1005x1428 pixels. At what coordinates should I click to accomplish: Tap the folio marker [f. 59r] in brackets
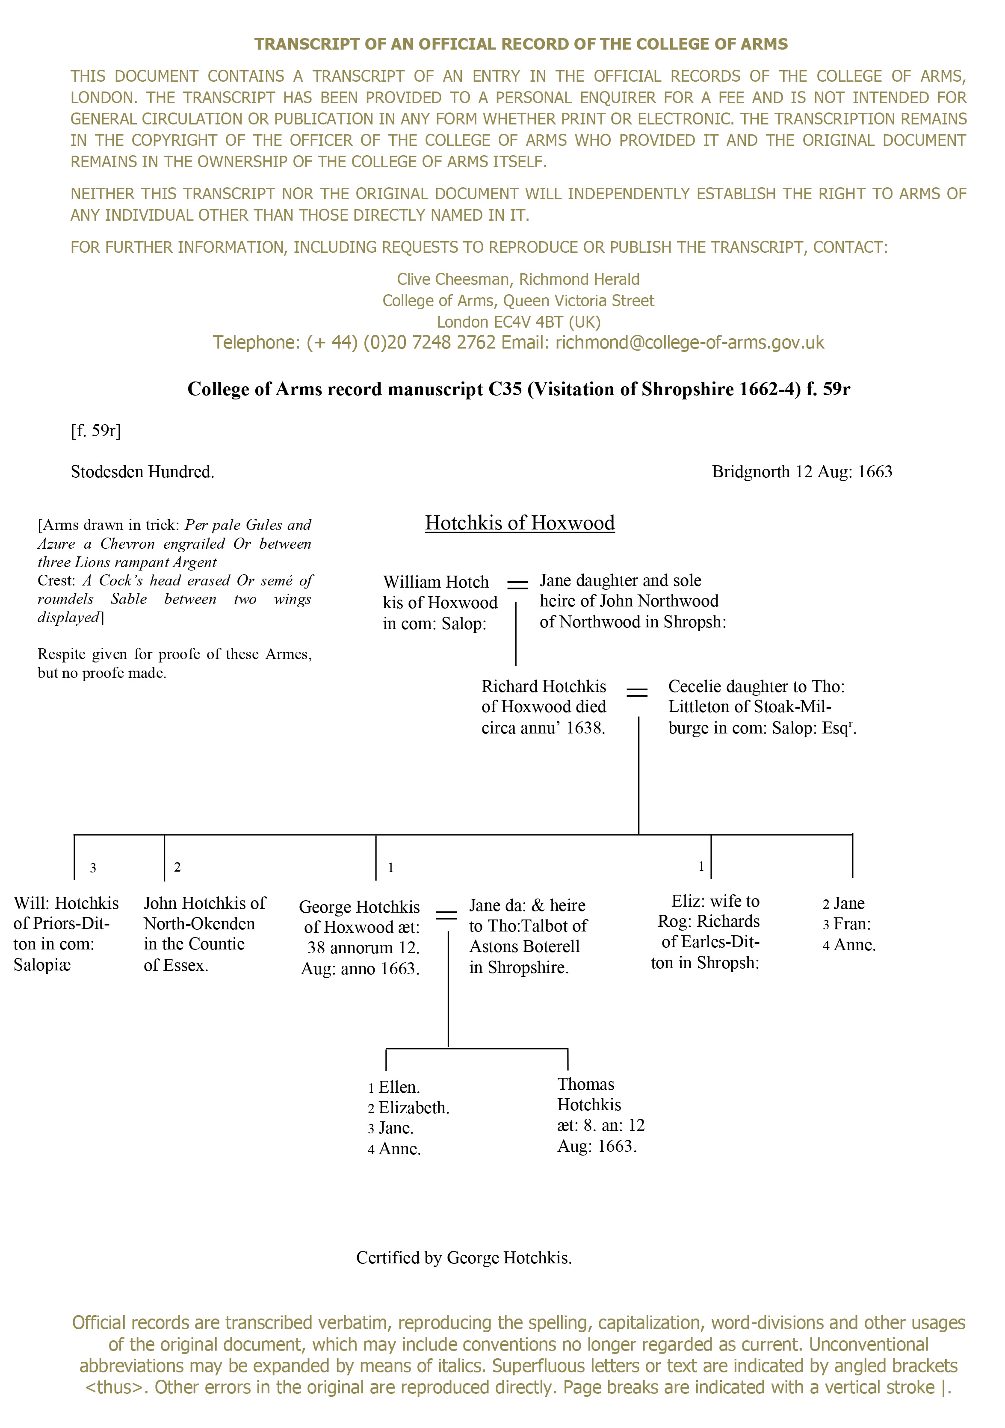96,430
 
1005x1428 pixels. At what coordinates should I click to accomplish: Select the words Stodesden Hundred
142,472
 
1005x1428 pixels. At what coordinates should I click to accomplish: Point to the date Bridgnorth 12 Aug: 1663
801,472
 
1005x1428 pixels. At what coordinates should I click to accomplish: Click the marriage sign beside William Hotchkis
517,585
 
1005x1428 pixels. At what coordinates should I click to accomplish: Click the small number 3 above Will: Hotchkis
93,868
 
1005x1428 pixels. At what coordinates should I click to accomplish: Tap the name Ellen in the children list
399,1087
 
